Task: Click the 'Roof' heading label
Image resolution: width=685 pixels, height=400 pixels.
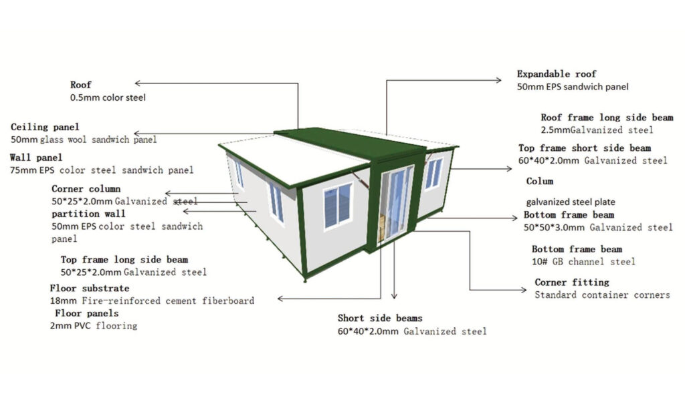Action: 81,85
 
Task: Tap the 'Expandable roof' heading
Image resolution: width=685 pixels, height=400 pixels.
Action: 556,73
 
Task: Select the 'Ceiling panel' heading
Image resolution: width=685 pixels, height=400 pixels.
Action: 45,127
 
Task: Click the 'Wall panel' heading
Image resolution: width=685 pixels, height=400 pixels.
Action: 36,158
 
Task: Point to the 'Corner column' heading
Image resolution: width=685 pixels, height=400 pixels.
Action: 86,189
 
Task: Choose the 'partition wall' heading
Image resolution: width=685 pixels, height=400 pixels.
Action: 88,214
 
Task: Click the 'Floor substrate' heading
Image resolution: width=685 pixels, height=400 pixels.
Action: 90,288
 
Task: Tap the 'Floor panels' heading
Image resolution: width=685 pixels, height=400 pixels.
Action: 86,313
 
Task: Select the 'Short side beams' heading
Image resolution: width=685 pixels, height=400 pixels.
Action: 380,318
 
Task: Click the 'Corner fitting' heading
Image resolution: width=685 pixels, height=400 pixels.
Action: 571,282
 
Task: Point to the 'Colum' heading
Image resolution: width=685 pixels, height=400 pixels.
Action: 540,181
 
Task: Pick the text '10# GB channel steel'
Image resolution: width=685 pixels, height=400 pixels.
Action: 583,262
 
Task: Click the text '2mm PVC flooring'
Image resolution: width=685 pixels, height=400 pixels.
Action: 94,326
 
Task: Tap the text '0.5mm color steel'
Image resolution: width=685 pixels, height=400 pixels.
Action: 108,97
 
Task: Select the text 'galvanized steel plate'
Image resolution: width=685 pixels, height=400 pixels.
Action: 571,202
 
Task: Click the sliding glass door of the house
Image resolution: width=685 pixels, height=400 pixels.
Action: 395,203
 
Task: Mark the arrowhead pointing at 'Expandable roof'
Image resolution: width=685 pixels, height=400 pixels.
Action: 498,80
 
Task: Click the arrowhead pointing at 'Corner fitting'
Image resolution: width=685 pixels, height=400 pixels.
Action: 523,290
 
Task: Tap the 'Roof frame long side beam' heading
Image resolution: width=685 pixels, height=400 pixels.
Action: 607,118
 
